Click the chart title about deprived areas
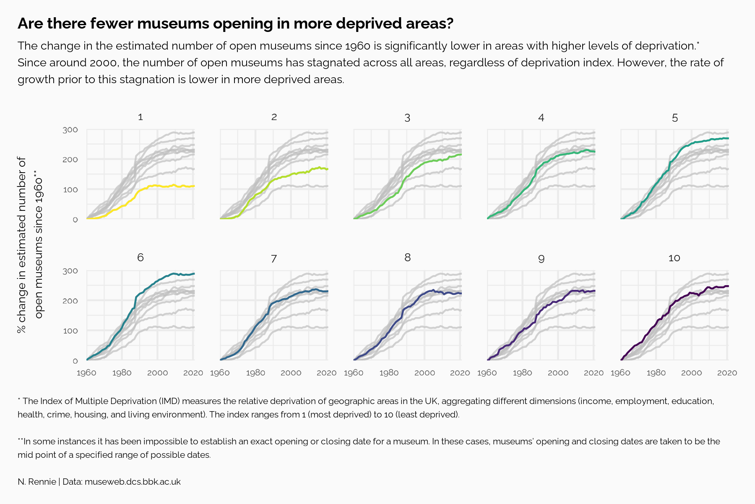pos(235,24)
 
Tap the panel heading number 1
pos(141,117)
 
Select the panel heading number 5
pos(674,118)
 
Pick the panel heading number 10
pos(674,258)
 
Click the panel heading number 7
pos(274,259)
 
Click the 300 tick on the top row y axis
pos(70,130)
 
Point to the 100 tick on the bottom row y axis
pos(70,331)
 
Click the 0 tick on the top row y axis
pos(75,220)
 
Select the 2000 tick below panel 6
pos(158,373)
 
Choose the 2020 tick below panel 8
pos(460,373)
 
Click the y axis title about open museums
pos(29,245)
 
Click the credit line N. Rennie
pos(37,482)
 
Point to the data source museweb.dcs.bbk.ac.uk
pos(133,482)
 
